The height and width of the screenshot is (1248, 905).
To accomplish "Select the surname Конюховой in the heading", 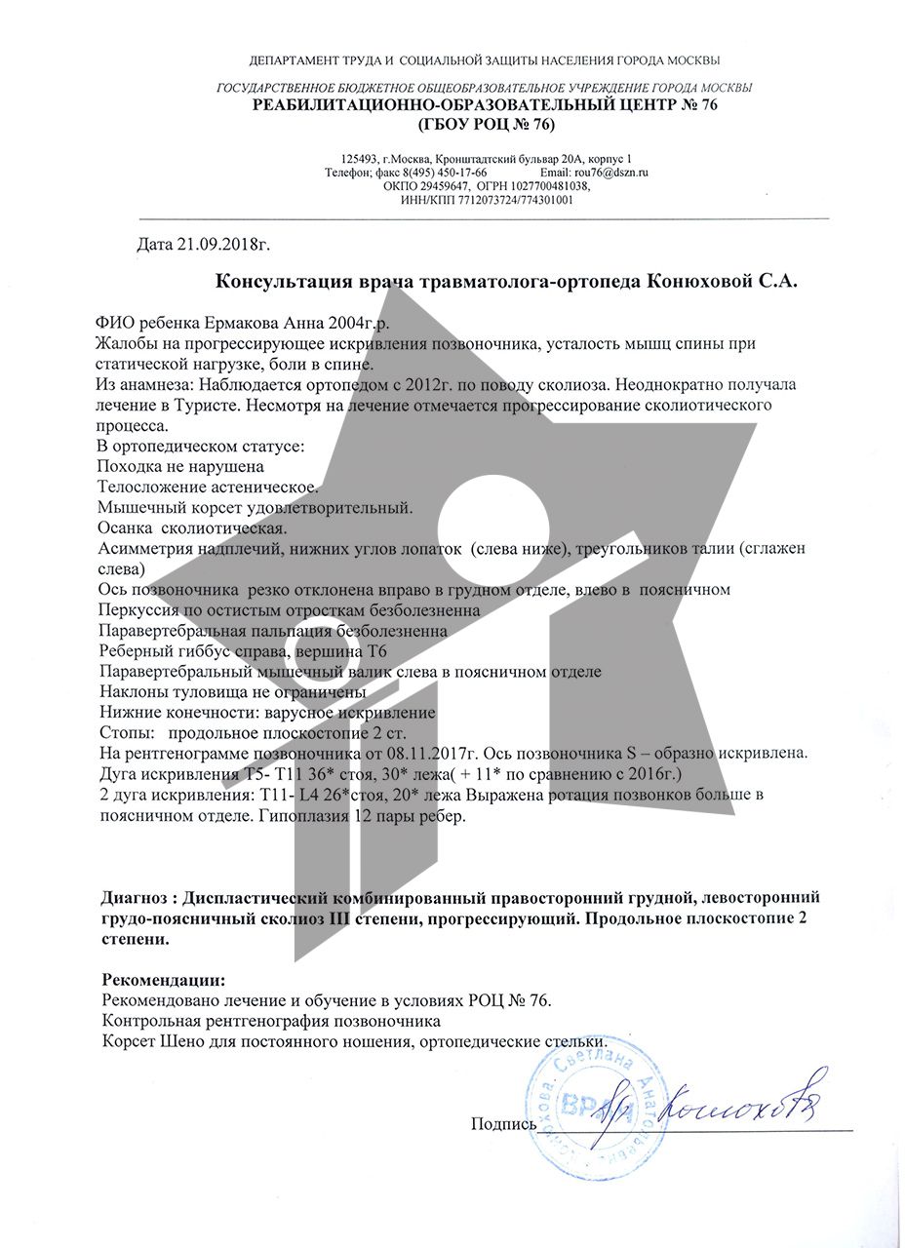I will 698,282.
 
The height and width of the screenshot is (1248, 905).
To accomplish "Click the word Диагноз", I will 138,897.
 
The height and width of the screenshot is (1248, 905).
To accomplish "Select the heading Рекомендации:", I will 163,979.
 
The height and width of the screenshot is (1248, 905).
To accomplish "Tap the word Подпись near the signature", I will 503,1124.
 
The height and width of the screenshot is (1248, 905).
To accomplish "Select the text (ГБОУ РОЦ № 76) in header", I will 485,125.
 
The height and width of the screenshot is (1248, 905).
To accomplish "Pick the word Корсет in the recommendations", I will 127,1041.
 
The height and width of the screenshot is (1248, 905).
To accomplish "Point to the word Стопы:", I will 128,732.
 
